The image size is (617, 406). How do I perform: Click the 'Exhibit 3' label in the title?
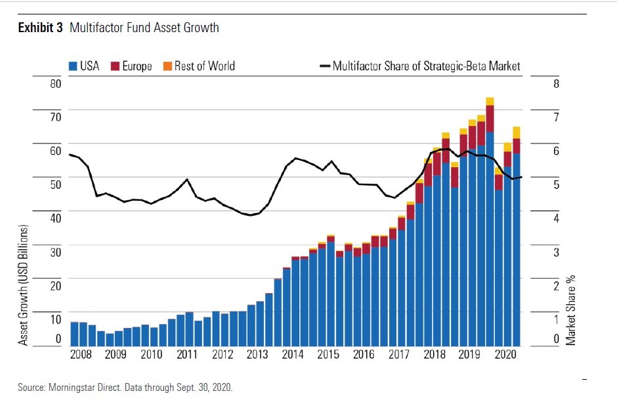click(40, 28)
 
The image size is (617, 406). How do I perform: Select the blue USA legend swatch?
click(74, 66)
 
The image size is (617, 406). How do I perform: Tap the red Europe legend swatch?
click(116, 66)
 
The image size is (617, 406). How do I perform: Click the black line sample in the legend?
click(324, 66)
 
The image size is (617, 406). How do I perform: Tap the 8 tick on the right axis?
click(555, 84)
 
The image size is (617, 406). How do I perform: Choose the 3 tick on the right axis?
click(555, 252)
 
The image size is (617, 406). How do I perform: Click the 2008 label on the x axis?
click(80, 355)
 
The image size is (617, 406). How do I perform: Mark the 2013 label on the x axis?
click(257, 355)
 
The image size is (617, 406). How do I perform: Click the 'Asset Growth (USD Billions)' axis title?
click(24, 285)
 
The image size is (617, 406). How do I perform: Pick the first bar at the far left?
click(74, 333)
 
